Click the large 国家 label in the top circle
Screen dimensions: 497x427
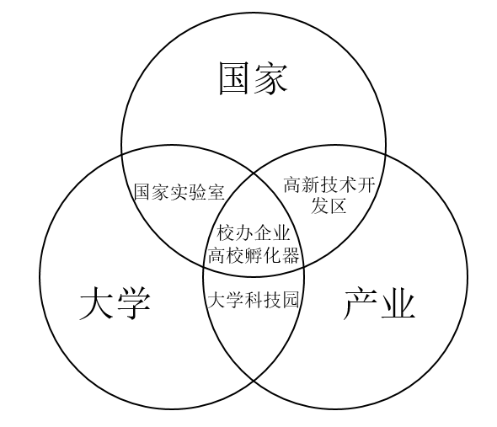[254, 78]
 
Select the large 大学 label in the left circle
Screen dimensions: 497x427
[115, 302]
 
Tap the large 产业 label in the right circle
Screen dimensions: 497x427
[379, 302]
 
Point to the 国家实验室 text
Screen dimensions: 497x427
[179, 192]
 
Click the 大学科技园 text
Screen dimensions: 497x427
[253, 300]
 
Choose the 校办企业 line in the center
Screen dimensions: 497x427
[254, 232]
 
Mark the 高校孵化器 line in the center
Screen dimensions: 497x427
[254, 255]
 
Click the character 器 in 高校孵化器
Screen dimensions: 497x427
[291, 255]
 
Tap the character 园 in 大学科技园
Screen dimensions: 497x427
[291, 300]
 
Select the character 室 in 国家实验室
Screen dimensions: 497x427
[216, 192]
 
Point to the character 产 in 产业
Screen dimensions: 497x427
[361, 302]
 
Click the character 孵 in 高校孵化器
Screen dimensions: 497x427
[254, 255]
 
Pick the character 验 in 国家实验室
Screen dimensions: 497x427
[197, 192]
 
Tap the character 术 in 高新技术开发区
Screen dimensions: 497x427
[347, 184]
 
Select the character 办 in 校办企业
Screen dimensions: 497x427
[244, 232]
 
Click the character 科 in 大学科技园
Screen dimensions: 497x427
[254, 300]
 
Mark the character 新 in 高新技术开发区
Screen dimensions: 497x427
[311, 184]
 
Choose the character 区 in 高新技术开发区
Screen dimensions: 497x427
[337, 206]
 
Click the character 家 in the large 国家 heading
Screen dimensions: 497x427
[270, 78]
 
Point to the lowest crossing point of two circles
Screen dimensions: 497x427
[254, 380]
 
